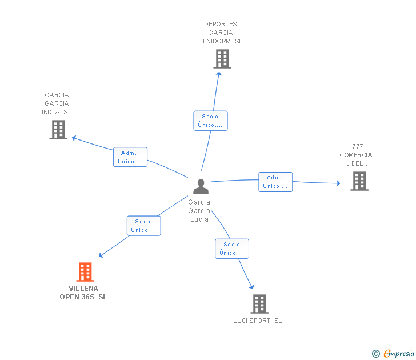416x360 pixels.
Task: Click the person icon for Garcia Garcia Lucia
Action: click(x=201, y=186)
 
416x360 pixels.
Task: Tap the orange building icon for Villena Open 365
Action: click(x=85, y=272)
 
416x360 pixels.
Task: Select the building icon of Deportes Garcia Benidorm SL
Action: click(x=222, y=59)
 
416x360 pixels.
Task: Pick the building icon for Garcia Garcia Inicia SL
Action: click(x=58, y=130)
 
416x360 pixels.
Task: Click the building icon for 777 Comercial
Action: click(x=359, y=181)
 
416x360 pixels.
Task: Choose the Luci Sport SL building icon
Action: click(x=259, y=304)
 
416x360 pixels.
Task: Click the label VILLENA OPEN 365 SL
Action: click(x=83, y=293)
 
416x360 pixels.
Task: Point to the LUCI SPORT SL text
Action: click(x=257, y=321)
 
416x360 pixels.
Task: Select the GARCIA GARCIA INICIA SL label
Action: click(x=57, y=103)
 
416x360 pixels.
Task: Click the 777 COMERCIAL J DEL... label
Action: click(x=358, y=155)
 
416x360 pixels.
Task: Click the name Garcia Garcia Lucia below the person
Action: click(x=199, y=210)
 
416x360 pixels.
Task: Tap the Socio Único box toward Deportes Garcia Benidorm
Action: click(x=210, y=121)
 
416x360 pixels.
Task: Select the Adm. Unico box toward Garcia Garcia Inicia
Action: click(x=130, y=157)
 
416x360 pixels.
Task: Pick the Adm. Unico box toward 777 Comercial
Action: click(x=275, y=182)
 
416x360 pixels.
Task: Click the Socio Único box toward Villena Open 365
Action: click(x=144, y=226)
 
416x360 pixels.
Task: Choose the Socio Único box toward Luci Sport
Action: click(x=232, y=249)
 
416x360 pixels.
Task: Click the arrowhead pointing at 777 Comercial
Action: click(x=338, y=183)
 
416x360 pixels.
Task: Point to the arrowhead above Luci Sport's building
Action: click(x=251, y=287)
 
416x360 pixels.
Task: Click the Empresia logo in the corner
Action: click(x=394, y=354)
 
